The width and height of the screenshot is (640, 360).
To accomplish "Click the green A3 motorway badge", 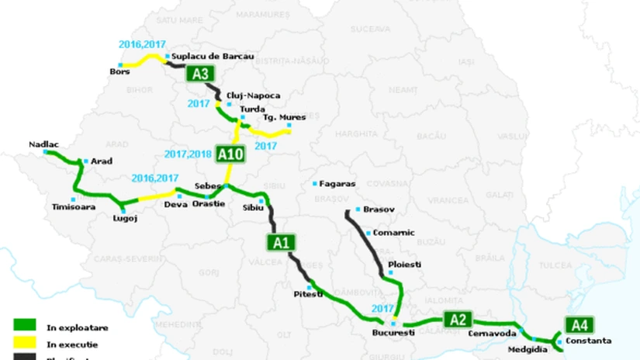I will [200, 74].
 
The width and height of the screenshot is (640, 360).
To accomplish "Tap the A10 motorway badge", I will [230, 155].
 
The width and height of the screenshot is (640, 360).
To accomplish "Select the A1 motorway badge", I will [282, 243].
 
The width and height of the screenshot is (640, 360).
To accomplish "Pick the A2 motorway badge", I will [457, 319].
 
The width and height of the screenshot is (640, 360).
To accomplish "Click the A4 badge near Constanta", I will [578, 325].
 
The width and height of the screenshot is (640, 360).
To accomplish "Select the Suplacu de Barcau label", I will [214, 56].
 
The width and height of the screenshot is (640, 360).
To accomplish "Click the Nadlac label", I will [43, 144].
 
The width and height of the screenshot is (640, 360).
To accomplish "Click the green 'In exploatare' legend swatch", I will [24, 326].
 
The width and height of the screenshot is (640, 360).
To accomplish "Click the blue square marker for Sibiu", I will [262, 201].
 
